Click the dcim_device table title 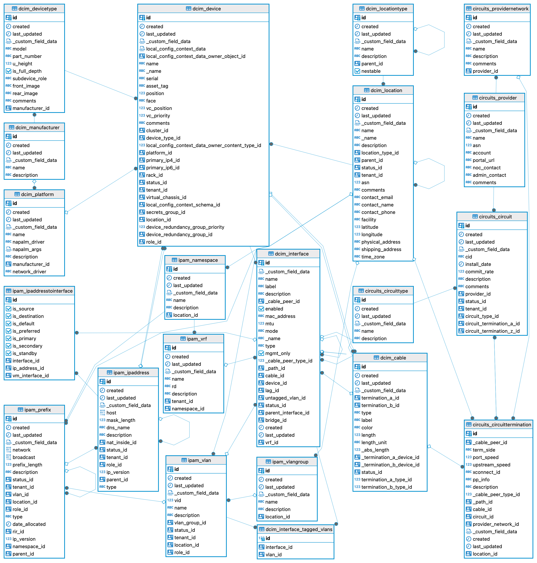coord(206,9)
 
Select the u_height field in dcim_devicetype coord(22,64)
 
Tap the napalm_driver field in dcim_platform coord(28,242)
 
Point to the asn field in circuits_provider coord(477,145)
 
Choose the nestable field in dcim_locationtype coord(371,71)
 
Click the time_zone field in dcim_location coord(373,257)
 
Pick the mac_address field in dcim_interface coord(280,316)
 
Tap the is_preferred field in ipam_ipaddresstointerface coord(26,331)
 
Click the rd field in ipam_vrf coord(174,386)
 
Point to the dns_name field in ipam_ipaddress coord(118,427)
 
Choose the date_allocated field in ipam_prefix coord(29,524)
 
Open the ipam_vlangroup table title coord(290,462)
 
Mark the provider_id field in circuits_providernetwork coord(485,71)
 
